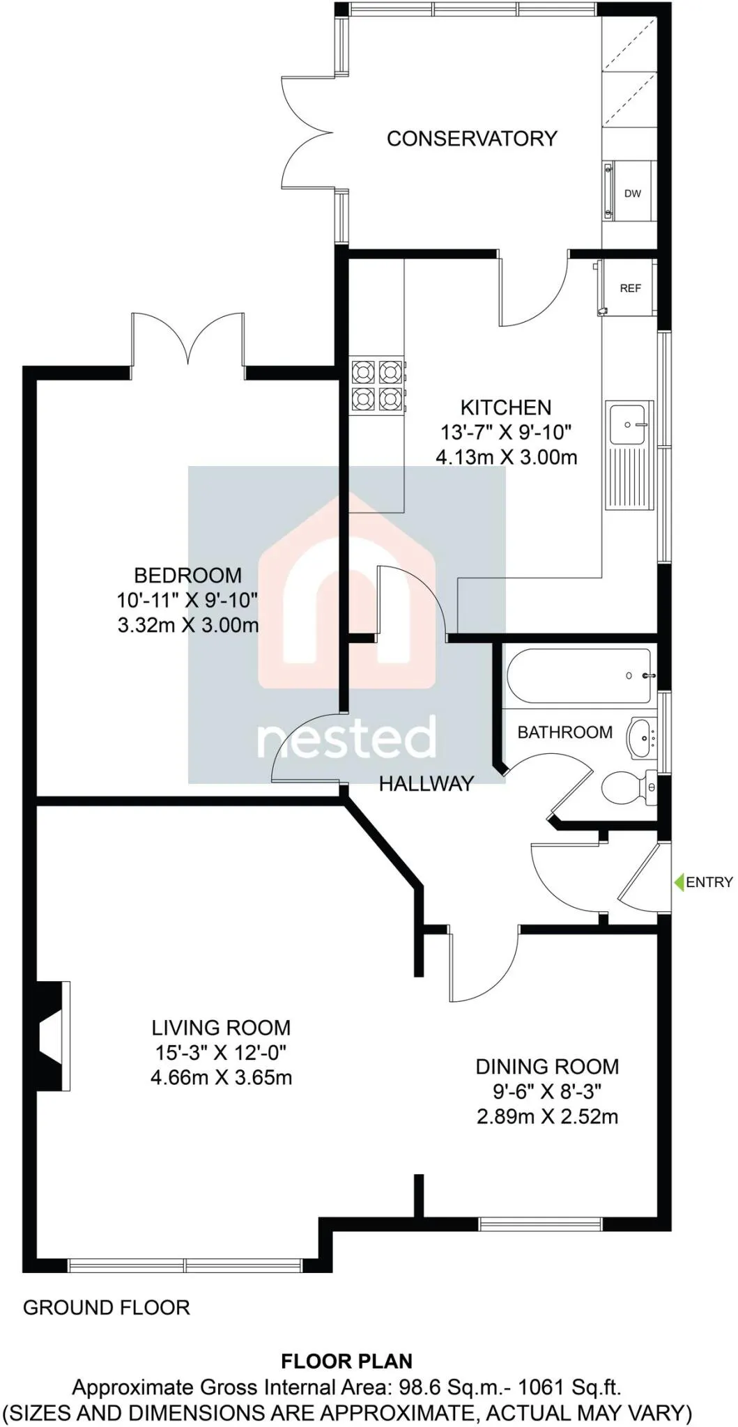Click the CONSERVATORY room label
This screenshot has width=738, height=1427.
[472, 139]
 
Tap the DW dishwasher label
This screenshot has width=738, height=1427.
[632, 194]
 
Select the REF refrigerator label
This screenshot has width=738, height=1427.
[630, 288]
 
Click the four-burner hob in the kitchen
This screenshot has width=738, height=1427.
[377, 385]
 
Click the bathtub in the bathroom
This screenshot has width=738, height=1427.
[579, 676]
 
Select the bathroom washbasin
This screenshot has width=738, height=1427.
[643, 737]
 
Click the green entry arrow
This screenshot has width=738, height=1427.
[679, 882]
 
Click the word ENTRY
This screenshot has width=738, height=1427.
[709, 882]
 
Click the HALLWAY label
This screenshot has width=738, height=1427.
[426, 784]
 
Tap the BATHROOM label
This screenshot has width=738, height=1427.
[564, 732]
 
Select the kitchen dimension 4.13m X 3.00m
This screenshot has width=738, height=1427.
[507, 458]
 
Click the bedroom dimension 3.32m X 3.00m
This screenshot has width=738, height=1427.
[188, 625]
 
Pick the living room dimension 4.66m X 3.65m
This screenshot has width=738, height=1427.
[221, 1078]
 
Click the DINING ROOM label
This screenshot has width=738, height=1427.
[547, 1067]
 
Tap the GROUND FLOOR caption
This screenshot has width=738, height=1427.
[107, 1308]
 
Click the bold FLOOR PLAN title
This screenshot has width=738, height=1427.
[346, 1362]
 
